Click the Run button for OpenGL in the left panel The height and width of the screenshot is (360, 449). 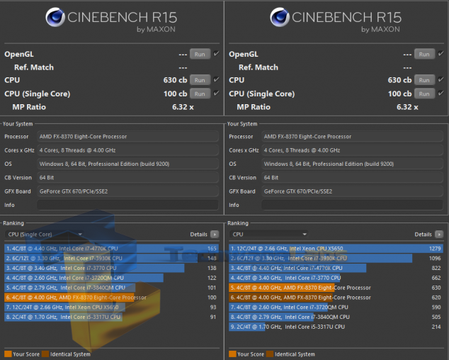(200, 54)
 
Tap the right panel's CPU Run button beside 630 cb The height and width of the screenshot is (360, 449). (424, 80)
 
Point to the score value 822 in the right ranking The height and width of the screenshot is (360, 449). (436, 268)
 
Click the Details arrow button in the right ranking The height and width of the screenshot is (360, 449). (439, 234)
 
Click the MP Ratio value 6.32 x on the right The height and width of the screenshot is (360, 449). (407, 107)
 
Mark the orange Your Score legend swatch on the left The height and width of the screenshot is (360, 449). (8, 354)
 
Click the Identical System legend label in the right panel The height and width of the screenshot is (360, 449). (295, 354)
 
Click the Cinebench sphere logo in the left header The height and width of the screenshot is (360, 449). (55, 18)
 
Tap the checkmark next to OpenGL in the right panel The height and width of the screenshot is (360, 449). (441, 53)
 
